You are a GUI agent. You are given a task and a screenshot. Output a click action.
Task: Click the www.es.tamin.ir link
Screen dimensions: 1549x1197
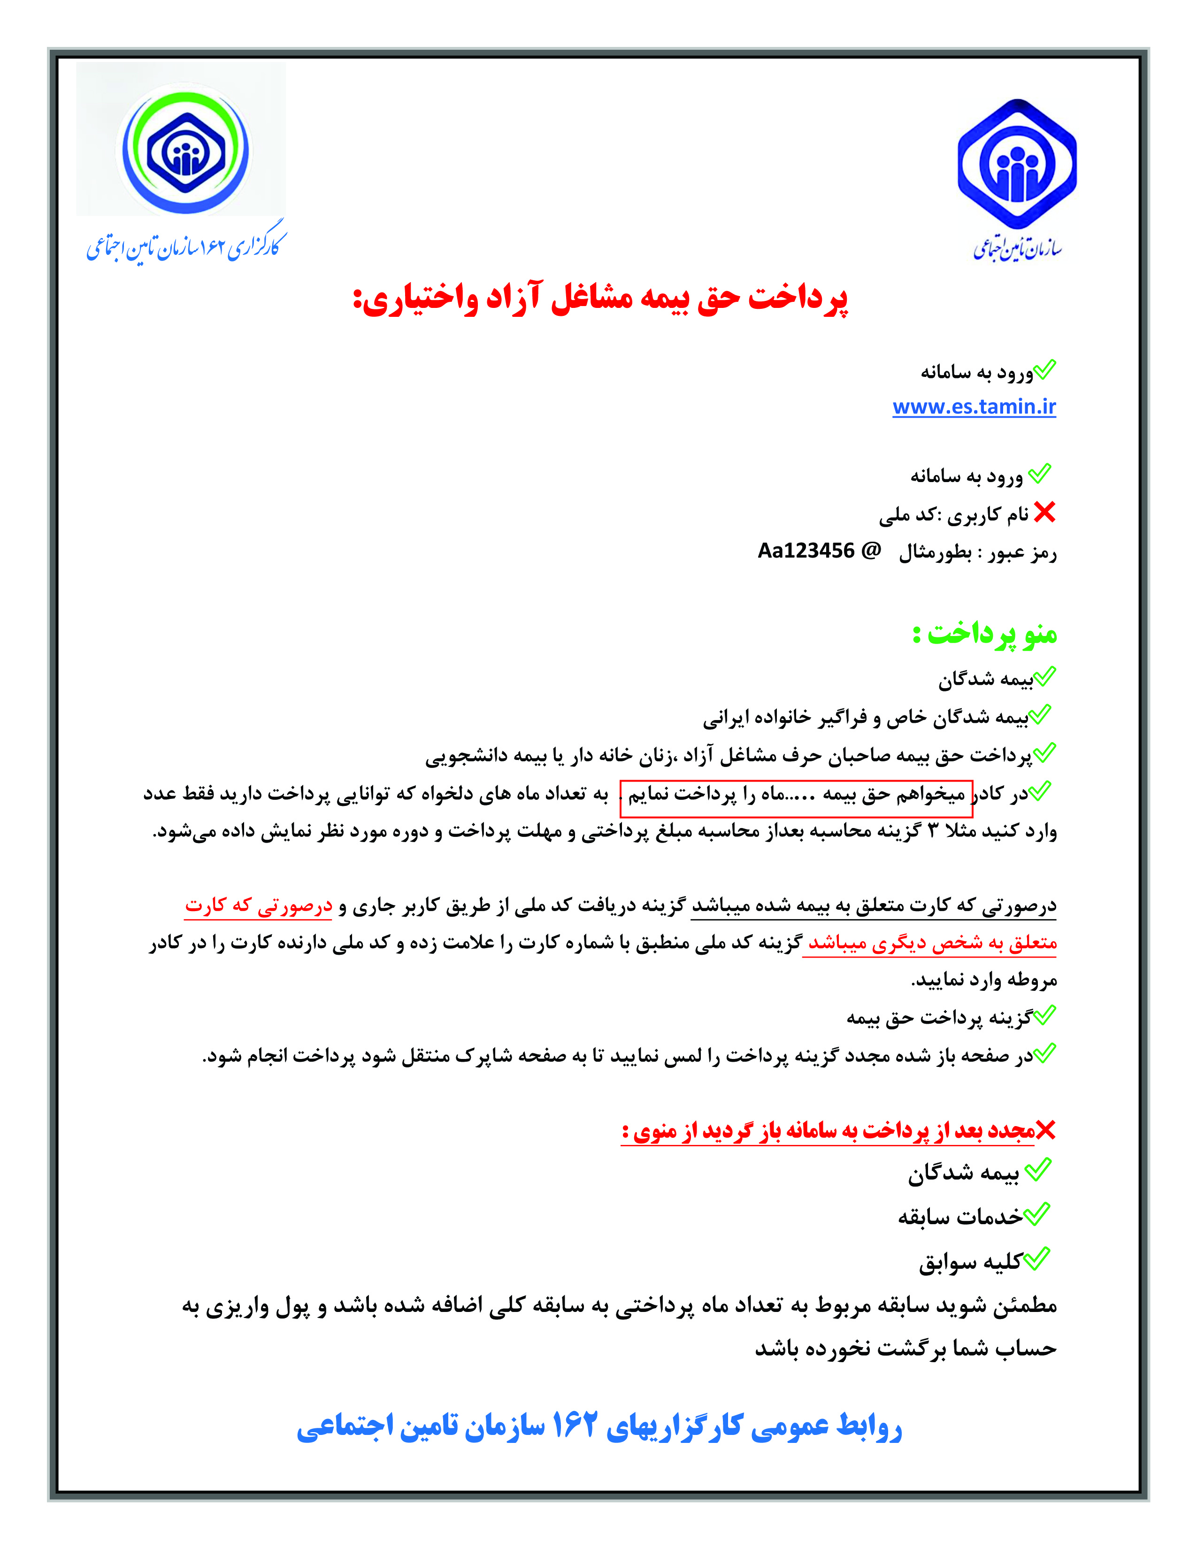974,406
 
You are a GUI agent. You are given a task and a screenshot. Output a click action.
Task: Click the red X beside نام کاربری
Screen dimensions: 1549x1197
1044,512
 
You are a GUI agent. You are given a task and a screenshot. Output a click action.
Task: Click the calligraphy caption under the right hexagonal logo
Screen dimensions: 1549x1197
1017,247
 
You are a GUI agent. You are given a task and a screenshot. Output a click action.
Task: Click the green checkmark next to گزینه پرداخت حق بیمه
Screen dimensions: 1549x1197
1044,1016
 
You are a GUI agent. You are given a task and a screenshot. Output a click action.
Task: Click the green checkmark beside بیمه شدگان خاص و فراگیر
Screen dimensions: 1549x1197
1040,714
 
